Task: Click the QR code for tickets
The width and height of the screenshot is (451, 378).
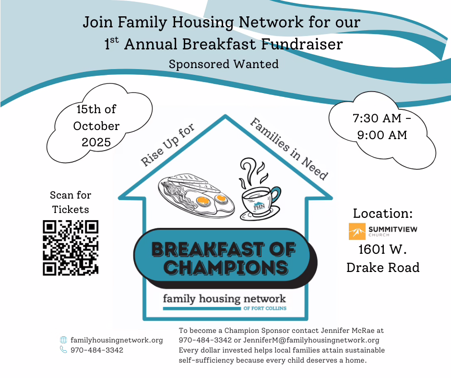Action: click(x=70, y=248)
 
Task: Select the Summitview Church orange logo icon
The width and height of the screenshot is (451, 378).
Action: click(x=357, y=231)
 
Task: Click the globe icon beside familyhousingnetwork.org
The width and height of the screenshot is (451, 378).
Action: click(x=63, y=340)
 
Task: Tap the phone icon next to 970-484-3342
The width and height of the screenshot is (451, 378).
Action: click(x=63, y=350)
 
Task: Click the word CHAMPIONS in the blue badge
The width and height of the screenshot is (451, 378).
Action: click(x=226, y=267)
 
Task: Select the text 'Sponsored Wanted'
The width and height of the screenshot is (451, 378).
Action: click(x=224, y=64)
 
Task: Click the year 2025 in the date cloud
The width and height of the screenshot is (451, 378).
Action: click(x=96, y=142)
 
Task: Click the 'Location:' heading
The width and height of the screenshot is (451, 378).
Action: click(x=383, y=213)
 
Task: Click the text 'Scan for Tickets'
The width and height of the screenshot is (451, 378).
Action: click(x=71, y=202)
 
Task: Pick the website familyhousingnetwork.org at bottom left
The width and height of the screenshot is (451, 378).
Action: click(x=117, y=340)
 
